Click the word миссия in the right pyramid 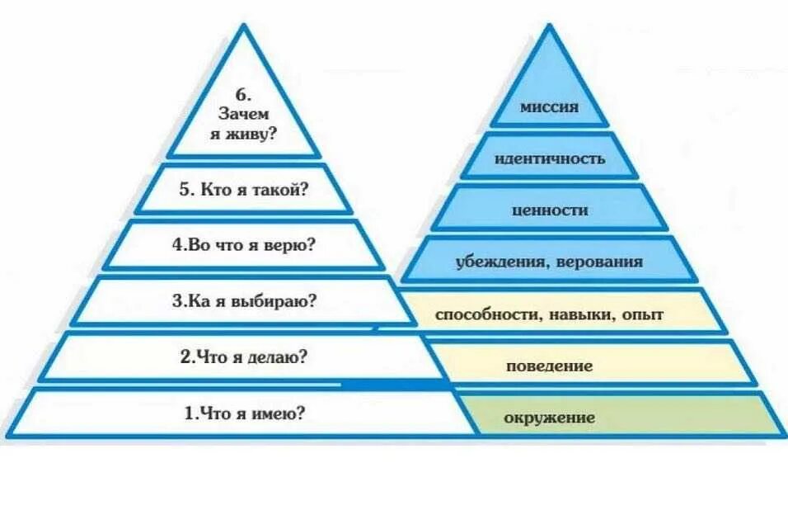coord(550,107)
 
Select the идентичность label coord(550,158)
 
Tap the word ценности coord(550,210)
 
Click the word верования coord(599,263)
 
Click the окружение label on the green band coord(550,418)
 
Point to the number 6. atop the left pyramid coord(242,95)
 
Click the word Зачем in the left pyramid coord(242,114)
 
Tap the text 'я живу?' coord(242,133)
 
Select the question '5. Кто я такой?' coord(244,190)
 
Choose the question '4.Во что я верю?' coord(244,245)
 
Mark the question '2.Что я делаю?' coord(244,357)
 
